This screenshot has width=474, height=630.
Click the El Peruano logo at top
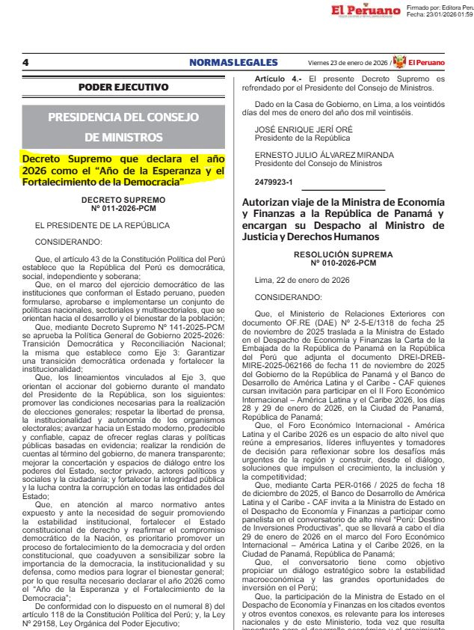pos(364,11)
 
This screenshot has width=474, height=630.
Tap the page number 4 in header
pos(25,63)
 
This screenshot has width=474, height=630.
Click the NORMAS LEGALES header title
pos(233,63)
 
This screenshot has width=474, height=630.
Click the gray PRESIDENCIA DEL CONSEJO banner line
pos(123,117)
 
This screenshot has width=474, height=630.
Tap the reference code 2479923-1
pos(274,182)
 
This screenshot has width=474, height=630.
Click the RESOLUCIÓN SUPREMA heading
pos(343,254)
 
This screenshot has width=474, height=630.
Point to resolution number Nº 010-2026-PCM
pos(343,263)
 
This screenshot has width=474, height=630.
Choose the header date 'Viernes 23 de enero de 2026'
pos(348,63)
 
